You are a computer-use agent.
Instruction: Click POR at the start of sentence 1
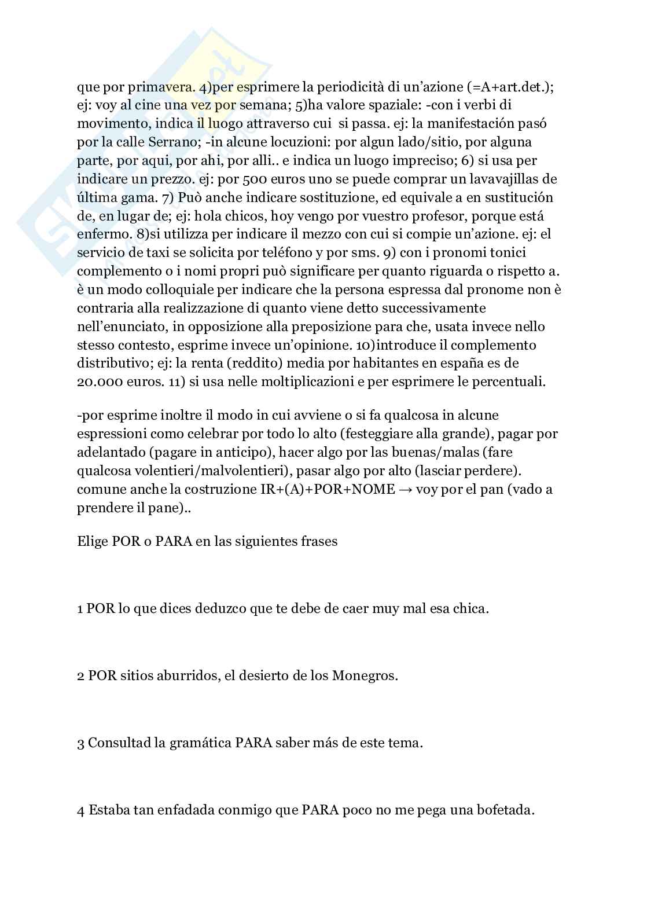click(x=101, y=610)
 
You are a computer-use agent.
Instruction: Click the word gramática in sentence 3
click(x=203, y=744)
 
